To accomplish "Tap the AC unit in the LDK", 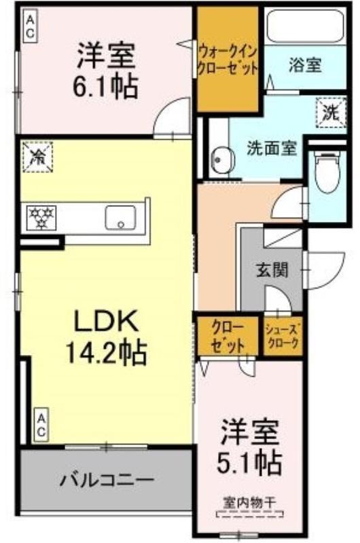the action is tap(41, 426).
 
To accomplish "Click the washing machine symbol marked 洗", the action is tap(331, 113).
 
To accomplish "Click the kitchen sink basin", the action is tap(121, 217).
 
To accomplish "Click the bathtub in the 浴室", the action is tap(305, 26).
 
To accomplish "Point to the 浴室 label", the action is tap(305, 64).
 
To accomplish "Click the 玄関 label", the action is tap(272, 270).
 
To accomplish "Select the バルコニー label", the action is tap(107, 481).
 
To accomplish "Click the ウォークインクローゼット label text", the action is tap(228, 61).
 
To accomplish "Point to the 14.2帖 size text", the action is tap(106, 352).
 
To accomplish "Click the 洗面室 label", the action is tap(272, 149).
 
